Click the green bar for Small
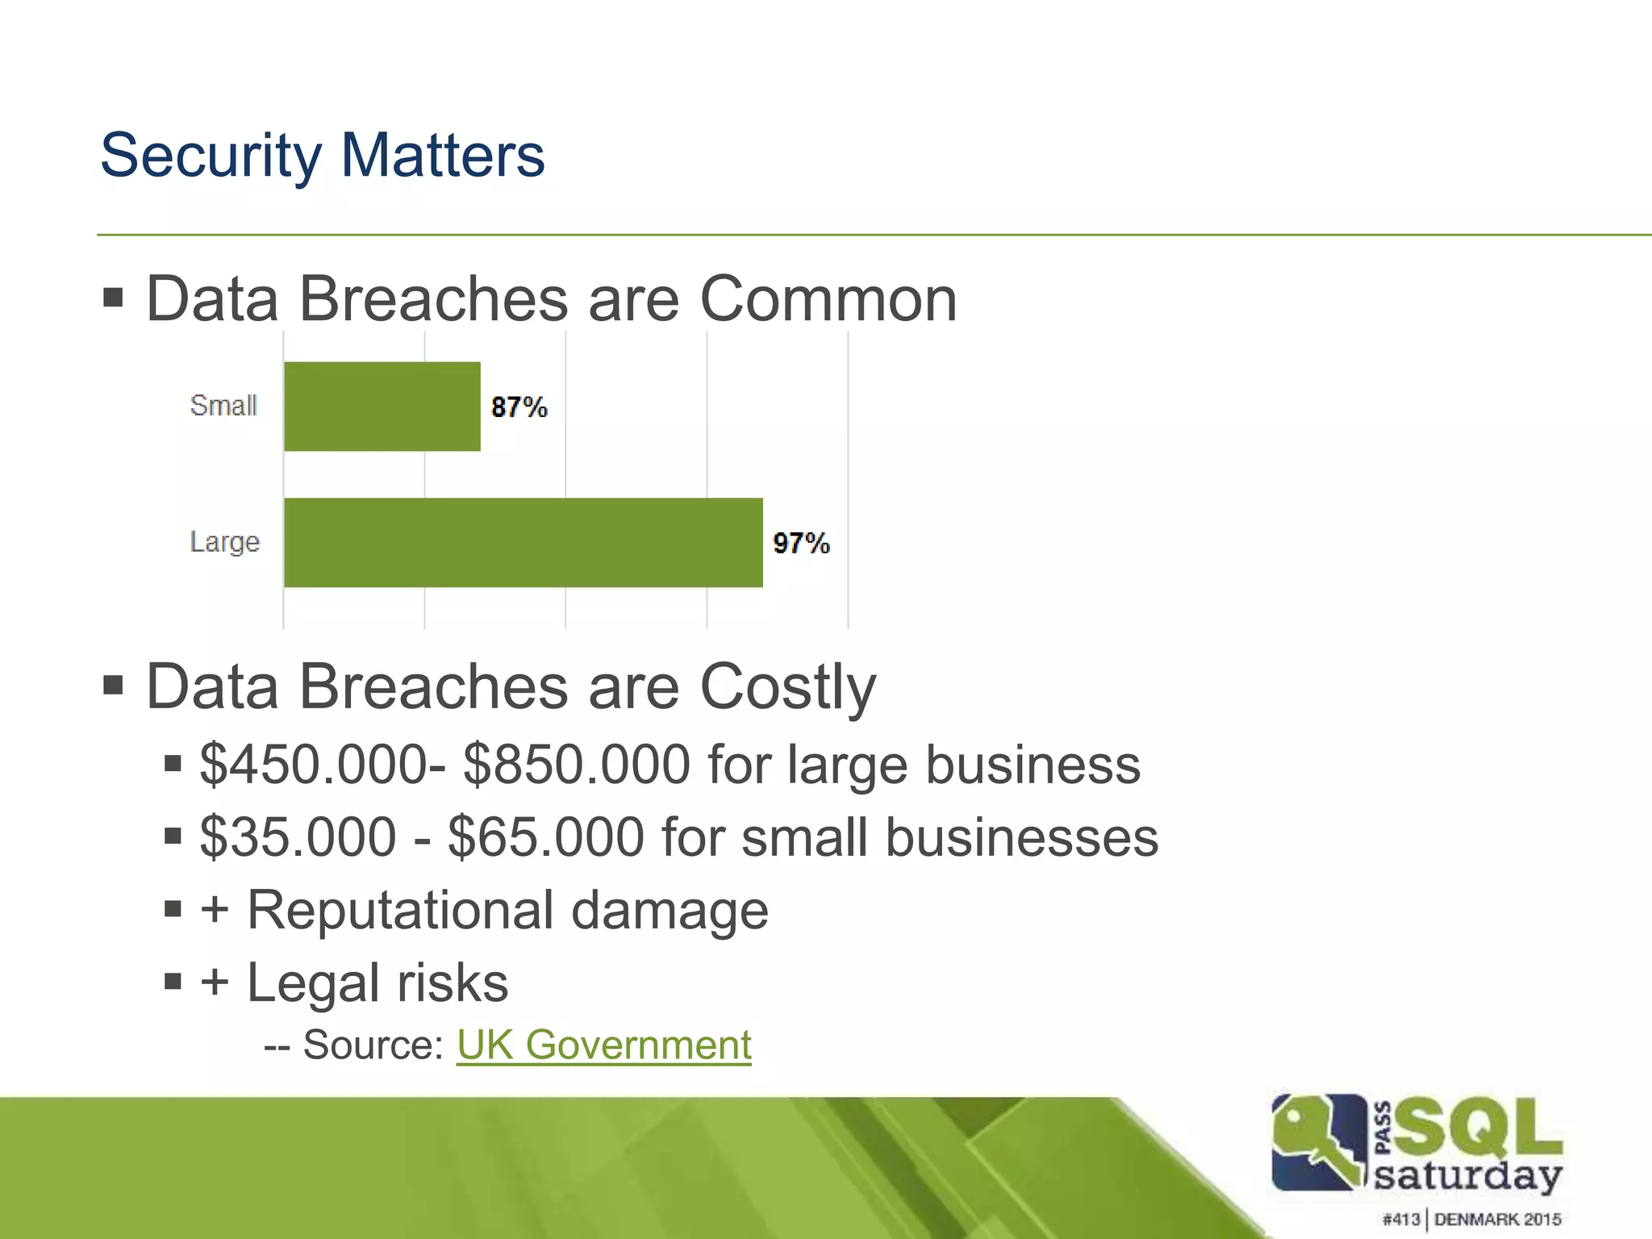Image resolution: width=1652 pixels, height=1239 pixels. point(382,407)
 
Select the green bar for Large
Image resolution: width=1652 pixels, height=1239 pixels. point(523,543)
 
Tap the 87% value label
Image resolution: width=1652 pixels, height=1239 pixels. point(519,407)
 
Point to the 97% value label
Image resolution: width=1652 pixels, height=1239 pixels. point(800,544)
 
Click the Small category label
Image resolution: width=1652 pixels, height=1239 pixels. point(223,405)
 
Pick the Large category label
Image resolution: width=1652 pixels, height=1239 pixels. point(224,542)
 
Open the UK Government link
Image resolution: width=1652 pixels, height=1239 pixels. point(603,1045)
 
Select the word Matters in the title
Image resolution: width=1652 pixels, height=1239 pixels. point(442,155)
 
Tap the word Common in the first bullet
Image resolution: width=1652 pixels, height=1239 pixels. point(828,299)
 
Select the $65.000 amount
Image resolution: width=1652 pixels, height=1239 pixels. point(545,837)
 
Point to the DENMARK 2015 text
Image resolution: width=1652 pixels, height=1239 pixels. point(1497,1220)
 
